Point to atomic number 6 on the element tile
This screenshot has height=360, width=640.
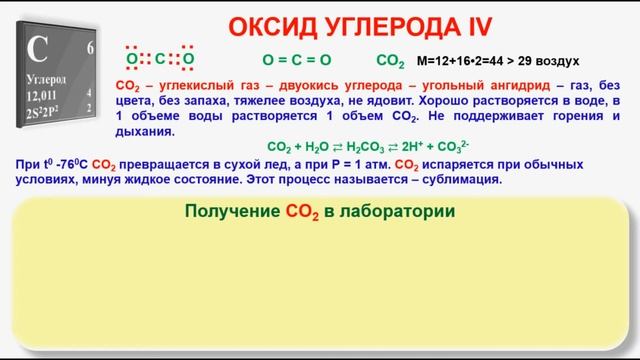tap(91, 47)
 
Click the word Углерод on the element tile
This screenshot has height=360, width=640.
tap(49, 77)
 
